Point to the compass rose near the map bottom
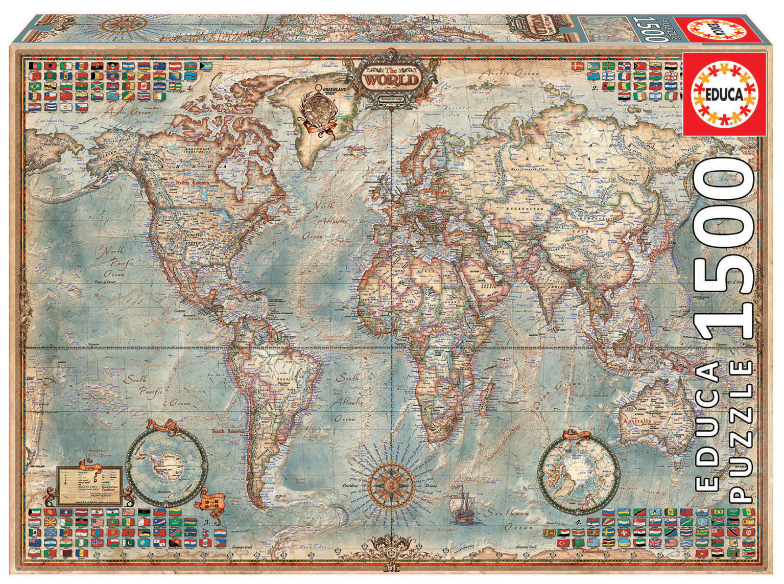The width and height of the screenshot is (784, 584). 391,482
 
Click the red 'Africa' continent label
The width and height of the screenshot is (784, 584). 438,331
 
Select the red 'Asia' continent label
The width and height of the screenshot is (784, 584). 593,172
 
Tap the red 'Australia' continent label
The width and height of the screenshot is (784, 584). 636,421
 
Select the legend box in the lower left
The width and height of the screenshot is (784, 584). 90,485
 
